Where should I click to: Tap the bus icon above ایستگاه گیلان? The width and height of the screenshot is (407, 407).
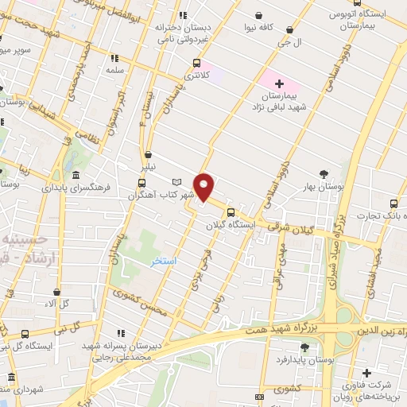231,212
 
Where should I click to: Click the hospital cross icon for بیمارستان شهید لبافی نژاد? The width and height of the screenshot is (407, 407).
278,83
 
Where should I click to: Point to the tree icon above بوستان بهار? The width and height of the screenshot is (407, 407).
324,174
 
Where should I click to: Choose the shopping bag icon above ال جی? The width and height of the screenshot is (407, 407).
289,30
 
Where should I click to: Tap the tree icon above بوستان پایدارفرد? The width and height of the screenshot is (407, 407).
305,347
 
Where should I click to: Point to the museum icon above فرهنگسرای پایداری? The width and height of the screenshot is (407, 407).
76,175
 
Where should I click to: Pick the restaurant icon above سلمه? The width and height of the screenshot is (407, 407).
114,57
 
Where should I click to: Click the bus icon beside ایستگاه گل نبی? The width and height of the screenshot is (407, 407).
25,334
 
